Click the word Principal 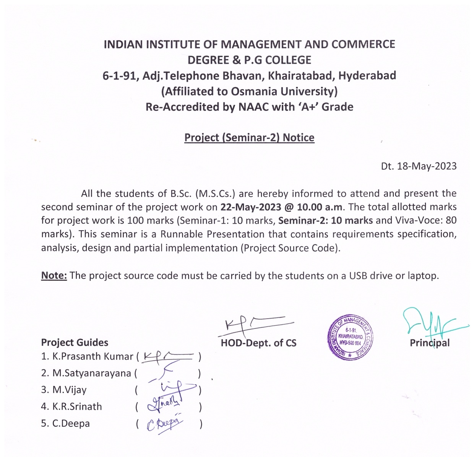coord(430,343)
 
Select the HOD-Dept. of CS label coord(258,343)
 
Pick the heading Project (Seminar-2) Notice coord(249,138)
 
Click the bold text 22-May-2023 coord(251,207)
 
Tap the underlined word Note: coord(54,275)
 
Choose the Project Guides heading coord(75,342)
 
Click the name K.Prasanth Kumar coord(93,356)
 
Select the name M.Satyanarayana coord(92,373)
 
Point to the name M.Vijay coord(70,390)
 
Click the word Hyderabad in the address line coord(367,76)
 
